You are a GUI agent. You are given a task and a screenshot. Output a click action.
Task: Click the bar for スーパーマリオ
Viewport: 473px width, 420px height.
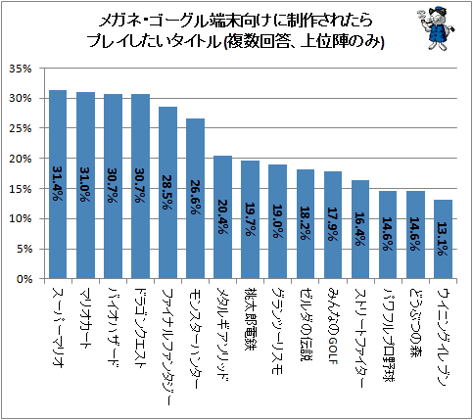tap(58, 184)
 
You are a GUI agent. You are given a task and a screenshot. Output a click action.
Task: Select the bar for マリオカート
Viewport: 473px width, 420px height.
tap(85, 185)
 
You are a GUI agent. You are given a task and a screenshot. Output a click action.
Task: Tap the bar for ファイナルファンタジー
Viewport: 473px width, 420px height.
tap(167, 193)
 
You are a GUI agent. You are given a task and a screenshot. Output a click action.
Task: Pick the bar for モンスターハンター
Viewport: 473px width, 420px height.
tap(195, 199)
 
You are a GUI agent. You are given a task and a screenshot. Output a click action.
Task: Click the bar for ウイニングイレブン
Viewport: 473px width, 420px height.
tap(443, 239)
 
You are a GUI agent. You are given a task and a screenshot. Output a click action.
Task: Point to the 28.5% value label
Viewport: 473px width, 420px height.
tap(167, 192)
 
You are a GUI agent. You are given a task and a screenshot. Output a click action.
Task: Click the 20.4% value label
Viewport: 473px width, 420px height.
tap(222, 216)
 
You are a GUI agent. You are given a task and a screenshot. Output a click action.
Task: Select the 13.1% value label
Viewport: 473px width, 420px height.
tap(443, 239)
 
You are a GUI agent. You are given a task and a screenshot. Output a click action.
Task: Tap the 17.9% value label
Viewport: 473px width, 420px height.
tap(333, 224)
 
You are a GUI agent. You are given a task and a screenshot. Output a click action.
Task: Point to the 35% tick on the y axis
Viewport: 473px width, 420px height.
tap(21, 69)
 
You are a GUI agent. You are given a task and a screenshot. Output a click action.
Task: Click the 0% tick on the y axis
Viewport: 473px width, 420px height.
tap(24, 279)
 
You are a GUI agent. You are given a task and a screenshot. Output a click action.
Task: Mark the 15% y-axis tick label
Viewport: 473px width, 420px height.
tap(21, 189)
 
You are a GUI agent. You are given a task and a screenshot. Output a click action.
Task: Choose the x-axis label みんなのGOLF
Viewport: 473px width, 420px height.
tap(333, 325)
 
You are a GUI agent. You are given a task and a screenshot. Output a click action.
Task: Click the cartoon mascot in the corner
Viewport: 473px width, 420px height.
tap(436, 29)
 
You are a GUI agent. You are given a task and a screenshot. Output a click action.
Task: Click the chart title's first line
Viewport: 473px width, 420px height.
tap(235, 22)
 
